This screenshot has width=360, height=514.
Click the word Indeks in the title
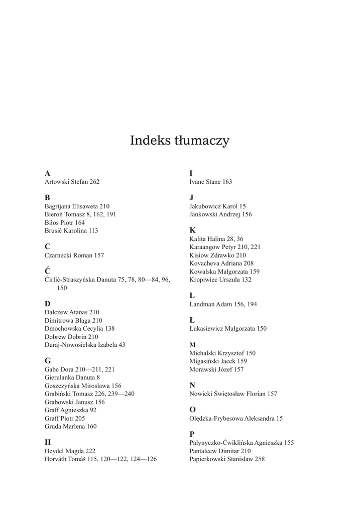pyautogui.click(x=149, y=141)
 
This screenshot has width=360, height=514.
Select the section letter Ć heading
pyautogui.click(x=48, y=271)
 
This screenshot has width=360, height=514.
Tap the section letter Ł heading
pyautogui.click(x=192, y=320)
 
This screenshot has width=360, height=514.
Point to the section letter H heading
pyautogui.click(x=48, y=442)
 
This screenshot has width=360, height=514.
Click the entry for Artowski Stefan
pyautogui.click(x=72, y=182)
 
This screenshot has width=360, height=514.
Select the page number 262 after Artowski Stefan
pyautogui.click(x=94, y=182)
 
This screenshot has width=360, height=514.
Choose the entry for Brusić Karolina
pyautogui.click(x=71, y=231)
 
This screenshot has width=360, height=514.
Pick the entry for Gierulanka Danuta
pyautogui.click(x=72, y=377)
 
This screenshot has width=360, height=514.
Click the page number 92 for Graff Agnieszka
pyautogui.click(x=93, y=410)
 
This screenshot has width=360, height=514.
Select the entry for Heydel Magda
pyautogui.click(x=70, y=451)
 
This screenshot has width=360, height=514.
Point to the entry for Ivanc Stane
pyautogui.click(x=210, y=182)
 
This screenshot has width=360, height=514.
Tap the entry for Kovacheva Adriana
pyautogui.click(x=221, y=263)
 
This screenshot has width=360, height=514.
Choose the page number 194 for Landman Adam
pyautogui.click(x=252, y=304)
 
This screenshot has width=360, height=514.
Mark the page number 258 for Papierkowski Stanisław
pyautogui.click(x=260, y=459)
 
